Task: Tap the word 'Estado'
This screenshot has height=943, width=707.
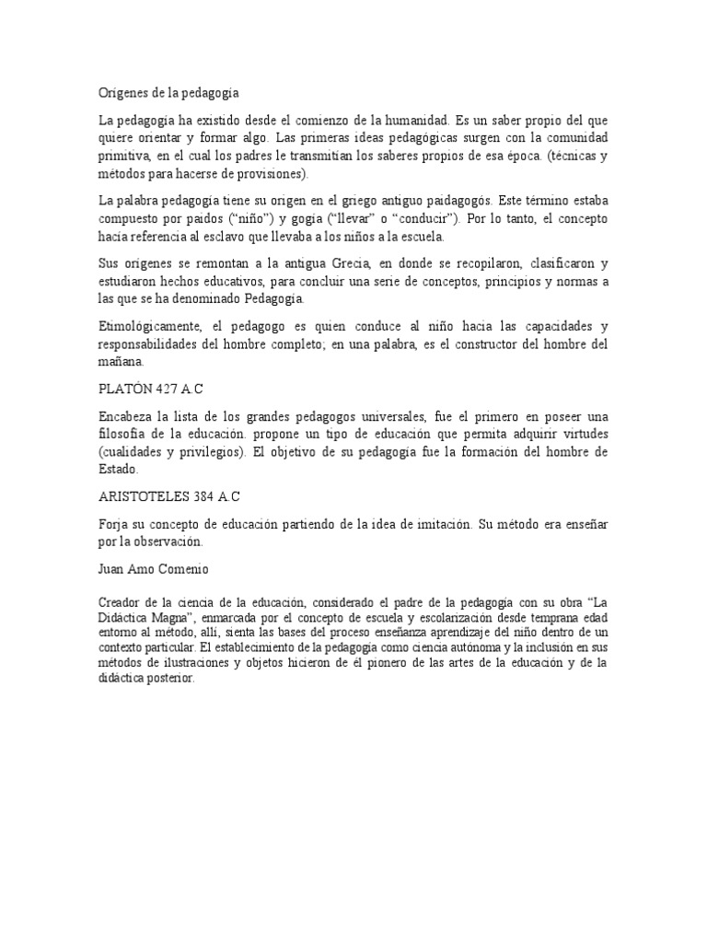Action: (x=118, y=470)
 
